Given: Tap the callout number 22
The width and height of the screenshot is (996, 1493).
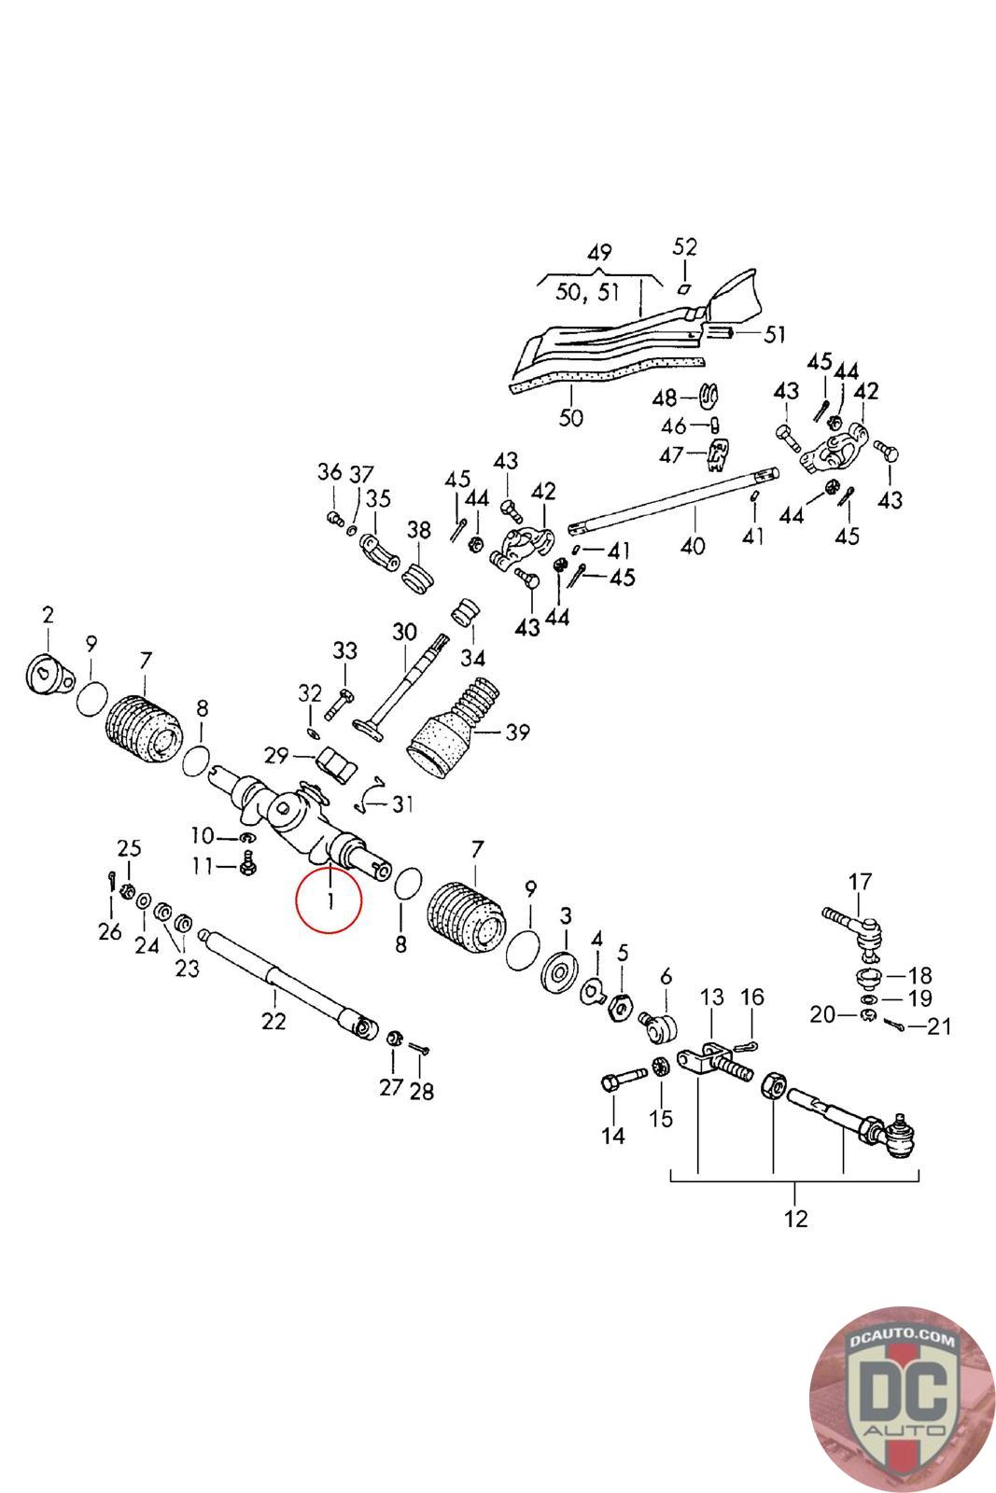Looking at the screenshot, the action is (x=274, y=1021).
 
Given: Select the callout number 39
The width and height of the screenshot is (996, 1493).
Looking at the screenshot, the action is (x=517, y=733).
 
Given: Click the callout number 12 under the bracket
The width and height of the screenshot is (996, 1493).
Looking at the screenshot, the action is (x=796, y=1219).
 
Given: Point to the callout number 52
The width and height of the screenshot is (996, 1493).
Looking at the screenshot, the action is (x=684, y=247).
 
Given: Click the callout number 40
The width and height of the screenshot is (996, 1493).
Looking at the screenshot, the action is (x=693, y=546).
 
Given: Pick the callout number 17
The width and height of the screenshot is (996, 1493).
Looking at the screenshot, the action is (x=860, y=882).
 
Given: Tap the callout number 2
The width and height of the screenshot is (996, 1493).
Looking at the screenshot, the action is (x=48, y=615).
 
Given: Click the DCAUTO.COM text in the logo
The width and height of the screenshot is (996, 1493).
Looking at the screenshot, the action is (x=902, y=1339).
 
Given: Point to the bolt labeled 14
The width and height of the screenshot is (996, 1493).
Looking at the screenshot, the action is (x=624, y=1081).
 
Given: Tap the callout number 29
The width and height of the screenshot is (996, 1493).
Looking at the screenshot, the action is (x=276, y=756).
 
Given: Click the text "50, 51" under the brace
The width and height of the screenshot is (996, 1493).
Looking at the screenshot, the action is (x=588, y=292).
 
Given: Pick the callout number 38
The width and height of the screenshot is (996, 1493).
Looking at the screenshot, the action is (x=419, y=530).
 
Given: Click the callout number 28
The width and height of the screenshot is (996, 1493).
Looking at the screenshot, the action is (x=421, y=1091).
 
